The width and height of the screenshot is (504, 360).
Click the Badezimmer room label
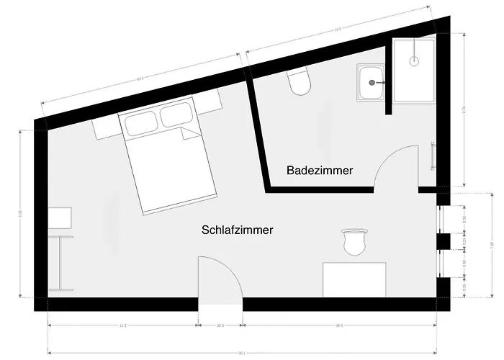click(319, 171)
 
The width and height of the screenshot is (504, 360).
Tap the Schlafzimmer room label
click(237, 230)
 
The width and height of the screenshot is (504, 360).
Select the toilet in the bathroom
click(299, 84)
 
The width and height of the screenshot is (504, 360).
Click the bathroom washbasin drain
click(372, 83)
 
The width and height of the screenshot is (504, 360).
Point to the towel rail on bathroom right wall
click(431, 156)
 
